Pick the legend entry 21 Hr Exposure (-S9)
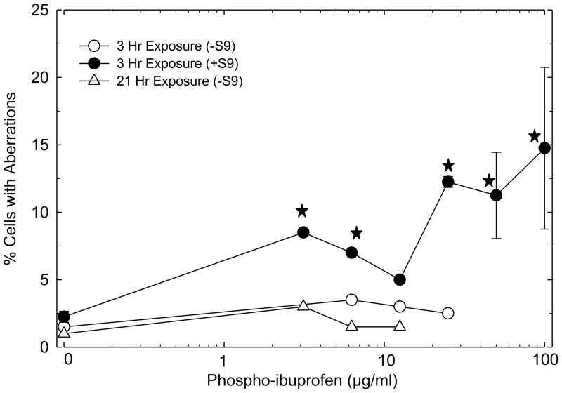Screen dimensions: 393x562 tap(175, 81)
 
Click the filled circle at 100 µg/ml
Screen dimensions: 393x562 tap(544, 148)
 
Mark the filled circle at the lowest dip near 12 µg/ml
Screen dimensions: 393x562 tap(400, 279)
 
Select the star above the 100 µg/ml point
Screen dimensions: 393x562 tap(535, 135)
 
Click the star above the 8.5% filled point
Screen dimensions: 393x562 tap(302, 211)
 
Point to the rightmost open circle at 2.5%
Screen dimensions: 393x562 tap(448, 313)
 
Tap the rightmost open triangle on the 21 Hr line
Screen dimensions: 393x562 tap(400, 326)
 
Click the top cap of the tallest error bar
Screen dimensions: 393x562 tap(544, 67)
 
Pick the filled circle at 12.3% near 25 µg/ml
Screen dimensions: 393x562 tap(448, 182)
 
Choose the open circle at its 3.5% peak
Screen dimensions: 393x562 tap(352, 300)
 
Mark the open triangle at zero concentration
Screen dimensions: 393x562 tap(64, 333)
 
